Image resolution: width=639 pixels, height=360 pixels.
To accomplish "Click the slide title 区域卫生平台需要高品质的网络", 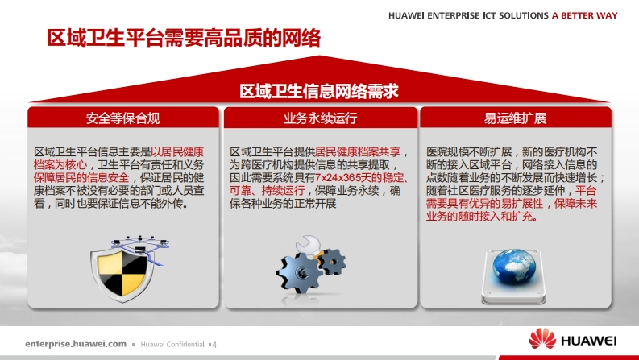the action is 184,39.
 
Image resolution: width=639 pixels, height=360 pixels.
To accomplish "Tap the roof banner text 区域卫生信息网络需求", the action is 318,91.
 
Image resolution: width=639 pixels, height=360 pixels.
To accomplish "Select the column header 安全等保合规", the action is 122,118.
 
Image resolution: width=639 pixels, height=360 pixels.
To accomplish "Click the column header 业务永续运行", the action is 321,118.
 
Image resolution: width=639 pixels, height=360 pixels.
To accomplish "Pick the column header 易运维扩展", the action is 515,118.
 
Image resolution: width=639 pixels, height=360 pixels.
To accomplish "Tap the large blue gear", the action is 300,272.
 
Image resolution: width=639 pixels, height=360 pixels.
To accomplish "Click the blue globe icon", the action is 514,267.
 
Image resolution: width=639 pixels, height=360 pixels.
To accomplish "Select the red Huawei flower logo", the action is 542,338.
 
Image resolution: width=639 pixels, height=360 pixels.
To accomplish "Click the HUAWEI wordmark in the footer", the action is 589,341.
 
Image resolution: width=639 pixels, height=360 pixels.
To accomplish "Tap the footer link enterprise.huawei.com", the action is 76,344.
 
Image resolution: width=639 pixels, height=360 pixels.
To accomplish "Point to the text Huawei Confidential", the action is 172,344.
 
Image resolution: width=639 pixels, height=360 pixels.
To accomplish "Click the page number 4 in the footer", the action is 214,345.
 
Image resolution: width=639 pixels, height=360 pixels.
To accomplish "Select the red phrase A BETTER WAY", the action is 585,15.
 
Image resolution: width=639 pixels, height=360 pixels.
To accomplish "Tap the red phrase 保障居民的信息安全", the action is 81,178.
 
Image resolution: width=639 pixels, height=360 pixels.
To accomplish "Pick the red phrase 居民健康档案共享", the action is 358,152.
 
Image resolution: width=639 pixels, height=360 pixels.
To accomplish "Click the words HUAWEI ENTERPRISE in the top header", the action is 434,15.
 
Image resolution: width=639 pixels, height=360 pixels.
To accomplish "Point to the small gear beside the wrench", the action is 332,261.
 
